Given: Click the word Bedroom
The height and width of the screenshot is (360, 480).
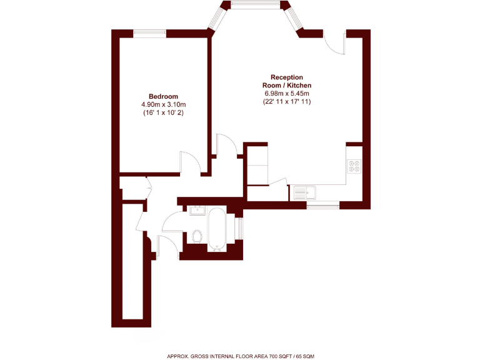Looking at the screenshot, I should click(163, 96).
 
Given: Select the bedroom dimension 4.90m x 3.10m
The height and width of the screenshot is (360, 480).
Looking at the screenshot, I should click(164, 104).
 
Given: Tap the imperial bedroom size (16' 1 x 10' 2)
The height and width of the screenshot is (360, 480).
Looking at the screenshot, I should click(164, 113).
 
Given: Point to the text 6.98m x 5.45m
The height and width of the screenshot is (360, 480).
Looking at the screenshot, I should click(287, 93).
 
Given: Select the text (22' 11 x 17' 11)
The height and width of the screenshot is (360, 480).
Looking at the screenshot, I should click(287, 101).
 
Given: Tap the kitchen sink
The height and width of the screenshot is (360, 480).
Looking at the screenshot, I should click(305, 192).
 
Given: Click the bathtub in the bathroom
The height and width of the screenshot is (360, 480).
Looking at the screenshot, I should click(216, 229).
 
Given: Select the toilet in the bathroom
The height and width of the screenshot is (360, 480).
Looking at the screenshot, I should click(197, 236).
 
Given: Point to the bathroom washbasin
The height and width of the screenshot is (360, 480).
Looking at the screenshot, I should click(197, 210).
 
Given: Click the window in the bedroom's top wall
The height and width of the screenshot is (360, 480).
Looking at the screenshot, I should click(150, 33).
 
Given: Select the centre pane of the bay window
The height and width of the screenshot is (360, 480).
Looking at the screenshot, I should click(256, 6).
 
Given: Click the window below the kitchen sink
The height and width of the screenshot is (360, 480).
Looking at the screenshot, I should click(323, 204).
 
